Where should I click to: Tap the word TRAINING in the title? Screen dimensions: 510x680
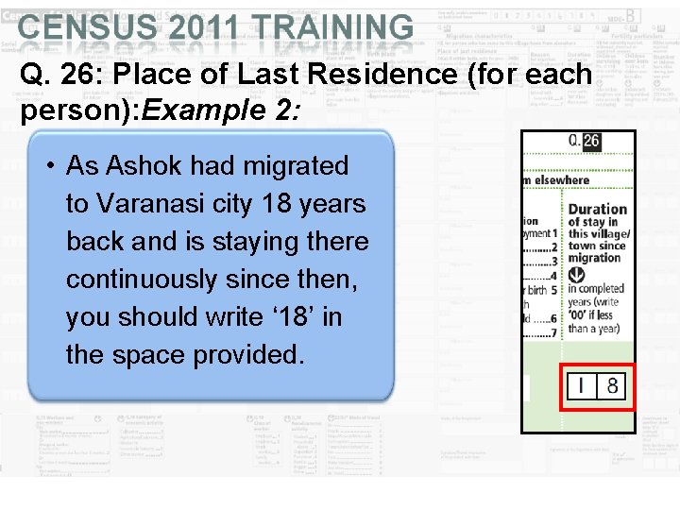335,28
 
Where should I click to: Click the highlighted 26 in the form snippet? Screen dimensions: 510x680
590,141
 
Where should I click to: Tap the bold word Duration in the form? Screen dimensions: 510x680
597,209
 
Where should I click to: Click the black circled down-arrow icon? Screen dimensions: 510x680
576,274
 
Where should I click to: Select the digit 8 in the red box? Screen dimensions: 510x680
612,385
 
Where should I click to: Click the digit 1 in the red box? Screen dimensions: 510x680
582,385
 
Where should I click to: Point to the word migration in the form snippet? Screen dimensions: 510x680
594,258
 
